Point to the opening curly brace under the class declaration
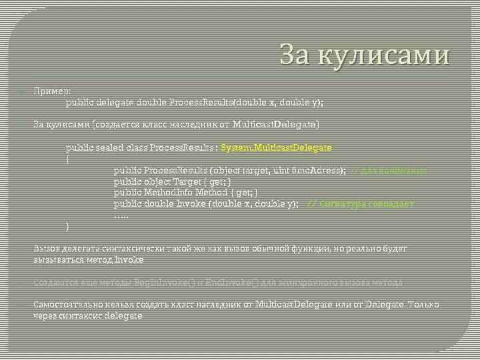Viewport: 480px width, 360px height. click(x=67, y=159)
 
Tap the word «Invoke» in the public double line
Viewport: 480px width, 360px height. click(x=191, y=203)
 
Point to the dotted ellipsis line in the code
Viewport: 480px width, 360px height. click(x=121, y=215)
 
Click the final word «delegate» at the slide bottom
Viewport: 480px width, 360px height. click(x=123, y=316)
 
